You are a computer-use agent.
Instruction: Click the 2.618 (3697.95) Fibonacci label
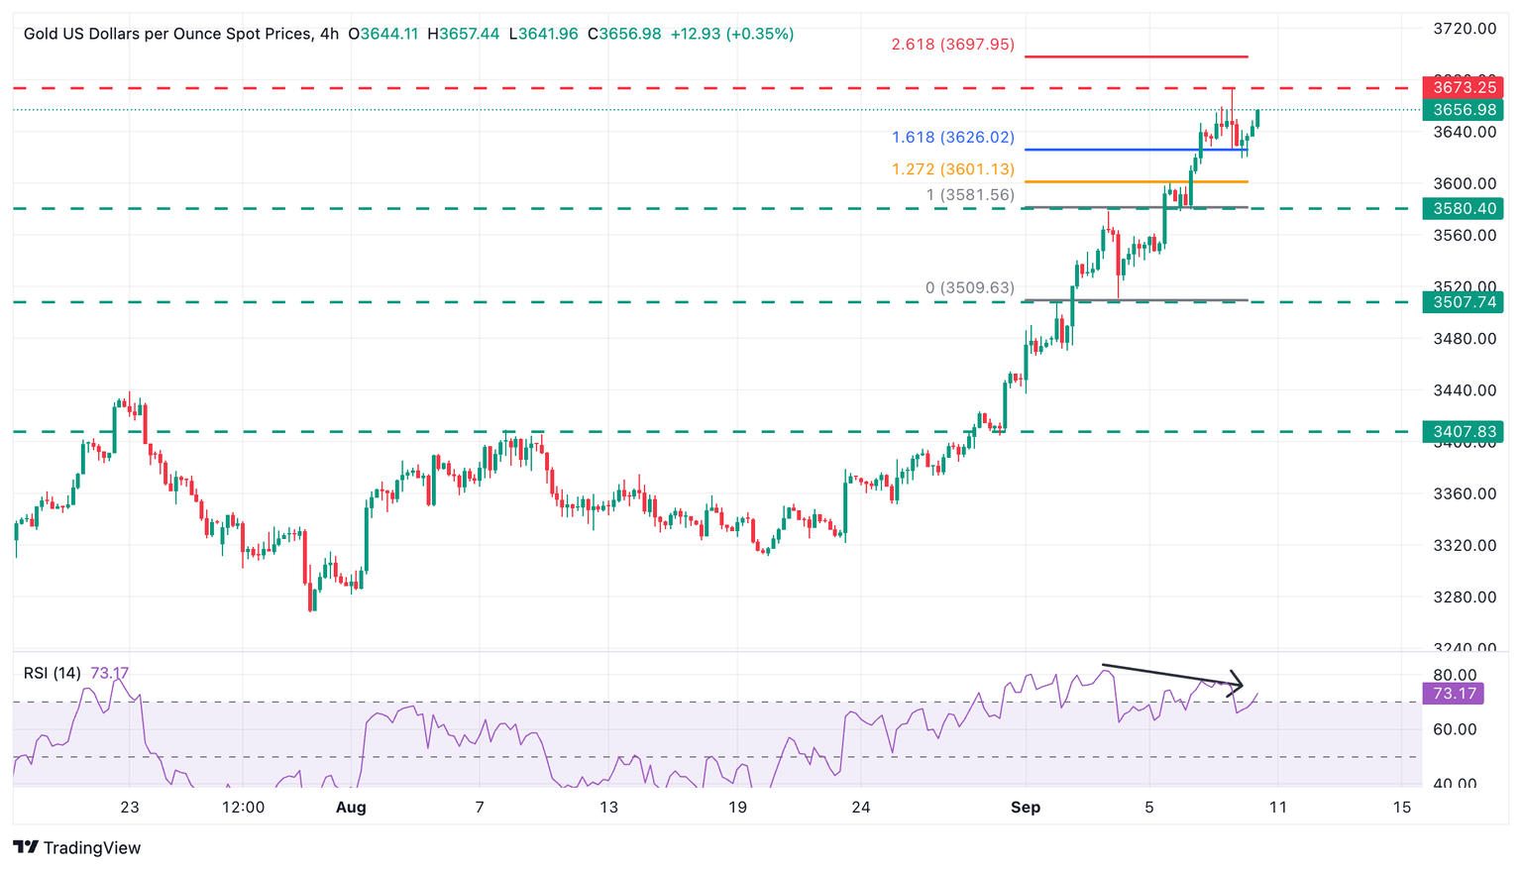[952, 45]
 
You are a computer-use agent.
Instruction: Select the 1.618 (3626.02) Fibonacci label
[952, 138]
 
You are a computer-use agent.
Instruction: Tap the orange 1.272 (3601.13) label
[952, 169]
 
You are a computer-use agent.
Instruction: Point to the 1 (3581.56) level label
[970, 195]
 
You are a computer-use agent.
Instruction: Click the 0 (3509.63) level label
[970, 288]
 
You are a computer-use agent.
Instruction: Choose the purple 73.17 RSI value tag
[1454, 694]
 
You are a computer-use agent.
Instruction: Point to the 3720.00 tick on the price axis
[1465, 29]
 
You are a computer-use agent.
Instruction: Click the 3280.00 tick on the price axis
[1465, 597]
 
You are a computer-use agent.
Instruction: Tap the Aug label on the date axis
[351, 808]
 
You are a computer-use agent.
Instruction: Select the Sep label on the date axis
[1026, 808]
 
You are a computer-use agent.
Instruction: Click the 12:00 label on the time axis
[243, 808]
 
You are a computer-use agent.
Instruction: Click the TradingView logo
[77, 848]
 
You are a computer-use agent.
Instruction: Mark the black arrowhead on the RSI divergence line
[1237, 684]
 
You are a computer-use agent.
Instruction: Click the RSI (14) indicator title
[53, 674]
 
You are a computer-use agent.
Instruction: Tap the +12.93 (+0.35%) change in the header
[731, 34]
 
